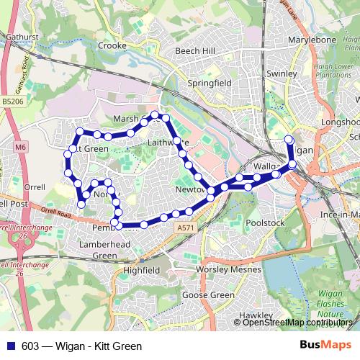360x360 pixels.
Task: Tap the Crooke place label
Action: click(112, 45)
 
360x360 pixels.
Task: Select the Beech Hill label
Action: click(195, 52)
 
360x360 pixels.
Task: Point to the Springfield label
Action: click(210, 84)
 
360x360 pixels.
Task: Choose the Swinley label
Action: click(282, 73)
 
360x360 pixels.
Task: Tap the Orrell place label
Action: click(34, 187)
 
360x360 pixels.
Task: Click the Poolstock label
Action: click(266, 224)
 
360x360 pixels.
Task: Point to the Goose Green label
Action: click(209, 295)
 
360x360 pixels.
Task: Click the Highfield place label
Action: click(141, 270)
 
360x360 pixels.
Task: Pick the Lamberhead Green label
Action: click(105, 250)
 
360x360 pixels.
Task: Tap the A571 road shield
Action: click(185, 228)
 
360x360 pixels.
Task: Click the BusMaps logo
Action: click(326, 346)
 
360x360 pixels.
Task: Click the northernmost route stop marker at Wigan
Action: click(289, 139)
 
